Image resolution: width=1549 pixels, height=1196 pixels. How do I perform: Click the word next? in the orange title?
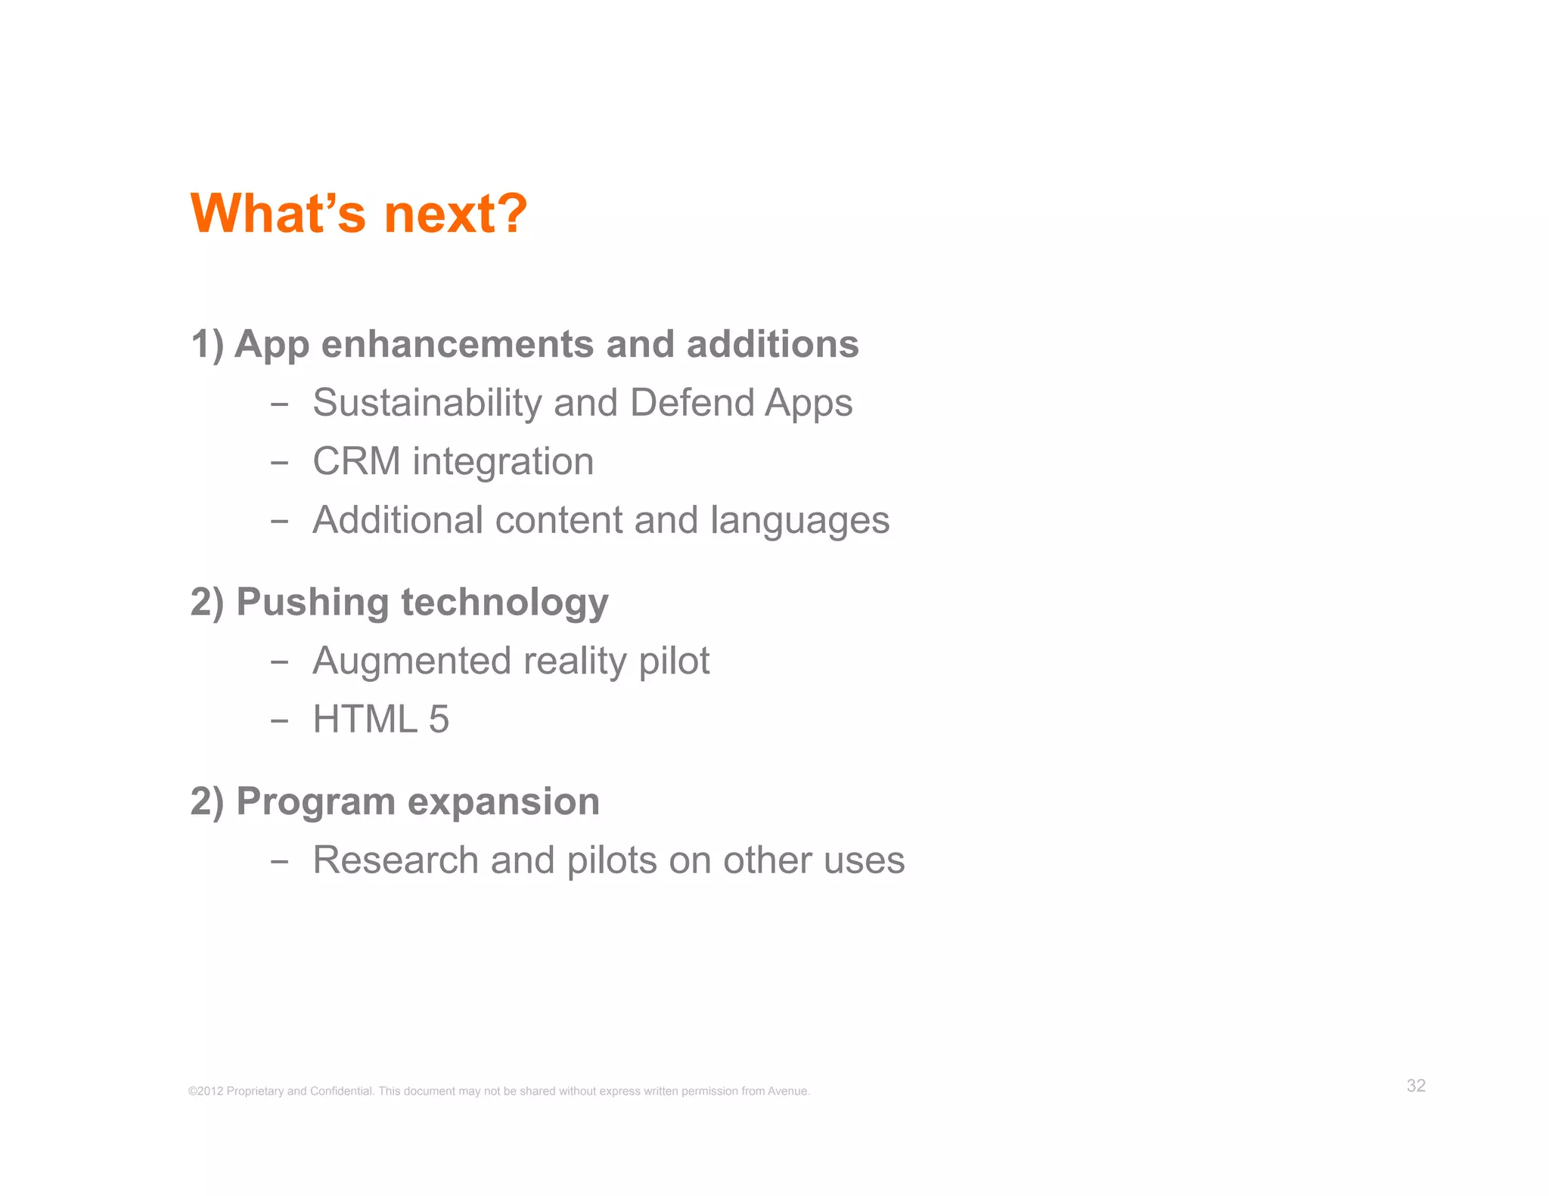[x=455, y=214]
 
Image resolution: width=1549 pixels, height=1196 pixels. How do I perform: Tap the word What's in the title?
[x=278, y=214]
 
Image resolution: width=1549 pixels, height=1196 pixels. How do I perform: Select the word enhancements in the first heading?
[x=457, y=345]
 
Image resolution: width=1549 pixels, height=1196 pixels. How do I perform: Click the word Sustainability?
[x=427, y=403]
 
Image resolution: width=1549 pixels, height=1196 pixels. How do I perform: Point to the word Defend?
[x=692, y=403]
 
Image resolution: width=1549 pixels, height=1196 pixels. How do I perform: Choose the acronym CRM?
[x=356, y=461]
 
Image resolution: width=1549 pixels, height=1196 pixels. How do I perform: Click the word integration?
[x=503, y=461]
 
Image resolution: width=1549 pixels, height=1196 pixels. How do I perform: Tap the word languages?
[x=799, y=521]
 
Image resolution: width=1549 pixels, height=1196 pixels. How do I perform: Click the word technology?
[x=504, y=604]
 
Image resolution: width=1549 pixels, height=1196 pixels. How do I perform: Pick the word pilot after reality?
[x=674, y=662]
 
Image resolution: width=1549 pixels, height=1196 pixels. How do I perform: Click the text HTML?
[x=365, y=719]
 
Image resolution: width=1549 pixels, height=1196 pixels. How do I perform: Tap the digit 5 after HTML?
[x=439, y=719]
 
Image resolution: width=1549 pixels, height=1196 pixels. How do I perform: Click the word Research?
[x=396, y=860]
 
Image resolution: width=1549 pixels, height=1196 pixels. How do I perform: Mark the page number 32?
[x=1416, y=1086]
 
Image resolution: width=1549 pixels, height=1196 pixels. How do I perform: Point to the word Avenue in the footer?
[x=788, y=1091]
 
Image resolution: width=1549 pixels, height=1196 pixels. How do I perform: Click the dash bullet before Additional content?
[x=279, y=521]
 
